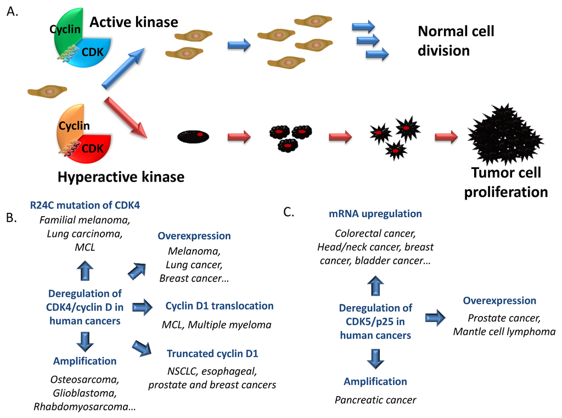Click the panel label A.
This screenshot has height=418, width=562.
12,12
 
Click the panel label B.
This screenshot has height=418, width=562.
12,218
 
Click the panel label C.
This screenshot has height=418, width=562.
290,212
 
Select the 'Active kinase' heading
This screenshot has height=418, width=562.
134,22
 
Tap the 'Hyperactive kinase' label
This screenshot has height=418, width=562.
121,177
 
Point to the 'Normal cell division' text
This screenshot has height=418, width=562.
456,41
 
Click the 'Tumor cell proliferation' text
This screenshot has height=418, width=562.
505,182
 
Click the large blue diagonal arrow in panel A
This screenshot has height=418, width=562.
124,67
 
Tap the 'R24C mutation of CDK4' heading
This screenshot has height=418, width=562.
85,206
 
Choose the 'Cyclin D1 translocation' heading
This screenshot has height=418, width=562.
219,306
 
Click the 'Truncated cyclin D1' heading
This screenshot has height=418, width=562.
212,353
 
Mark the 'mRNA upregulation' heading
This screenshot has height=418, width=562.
375,213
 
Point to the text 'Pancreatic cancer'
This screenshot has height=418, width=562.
375,399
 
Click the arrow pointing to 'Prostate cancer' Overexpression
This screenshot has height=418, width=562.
435,317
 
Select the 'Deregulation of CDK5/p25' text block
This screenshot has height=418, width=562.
375,321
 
